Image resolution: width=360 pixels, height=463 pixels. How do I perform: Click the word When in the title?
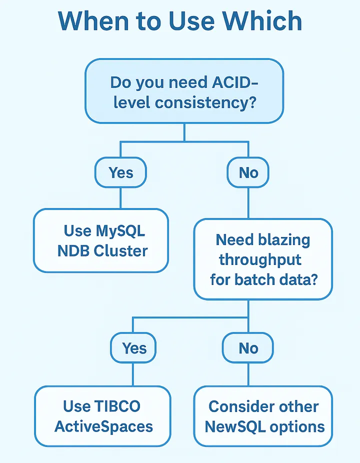pyautogui.click(x=93, y=20)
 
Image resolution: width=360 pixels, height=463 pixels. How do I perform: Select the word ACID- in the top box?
pyautogui.click(x=235, y=82)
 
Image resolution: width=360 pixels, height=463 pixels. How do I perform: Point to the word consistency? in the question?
pyautogui.click(x=205, y=103)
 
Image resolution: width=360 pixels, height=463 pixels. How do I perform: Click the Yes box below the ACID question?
pyautogui.click(x=121, y=172)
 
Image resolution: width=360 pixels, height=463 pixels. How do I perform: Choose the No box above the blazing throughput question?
pyautogui.click(x=248, y=172)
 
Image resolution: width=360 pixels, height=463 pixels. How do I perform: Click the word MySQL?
pyautogui.click(x=120, y=231)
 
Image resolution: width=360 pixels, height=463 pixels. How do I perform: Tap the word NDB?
pyautogui.click(x=74, y=251)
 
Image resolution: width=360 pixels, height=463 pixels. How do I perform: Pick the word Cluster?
pyautogui.click(x=121, y=251)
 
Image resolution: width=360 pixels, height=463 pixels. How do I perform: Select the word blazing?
pyautogui.click(x=284, y=240)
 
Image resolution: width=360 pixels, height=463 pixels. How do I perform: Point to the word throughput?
pyautogui.click(x=260, y=260)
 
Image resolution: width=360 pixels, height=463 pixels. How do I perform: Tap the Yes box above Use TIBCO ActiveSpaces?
pyautogui.click(x=133, y=348)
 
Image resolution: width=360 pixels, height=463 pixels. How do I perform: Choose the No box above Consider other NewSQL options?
pyautogui.click(x=248, y=348)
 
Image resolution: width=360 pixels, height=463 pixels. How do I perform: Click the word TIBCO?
pyautogui.click(x=117, y=406)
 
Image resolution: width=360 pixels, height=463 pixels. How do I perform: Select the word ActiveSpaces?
pyautogui.click(x=103, y=427)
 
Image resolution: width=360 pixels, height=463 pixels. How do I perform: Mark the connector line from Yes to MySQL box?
pyautogui.click(x=120, y=198)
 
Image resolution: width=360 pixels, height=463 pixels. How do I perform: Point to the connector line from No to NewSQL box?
pyautogui.click(x=248, y=374)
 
